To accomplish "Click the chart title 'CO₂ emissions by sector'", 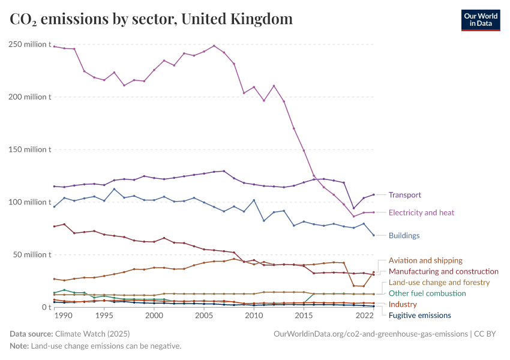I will click(x=151, y=19).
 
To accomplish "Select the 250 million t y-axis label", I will click(x=29, y=44).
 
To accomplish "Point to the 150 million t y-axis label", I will click(x=29, y=149).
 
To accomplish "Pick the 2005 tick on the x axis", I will click(x=204, y=316).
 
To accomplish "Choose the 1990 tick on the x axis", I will click(x=64, y=316).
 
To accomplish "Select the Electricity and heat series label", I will click(x=421, y=212).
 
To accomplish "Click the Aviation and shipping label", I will click(x=425, y=260).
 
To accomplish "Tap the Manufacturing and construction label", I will click(x=443, y=271).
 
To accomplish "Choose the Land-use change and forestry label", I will click(x=439, y=282).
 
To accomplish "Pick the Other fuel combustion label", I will click(x=427, y=293).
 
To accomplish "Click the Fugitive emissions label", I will click(x=420, y=316).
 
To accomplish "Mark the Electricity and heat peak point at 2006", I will click(x=214, y=46).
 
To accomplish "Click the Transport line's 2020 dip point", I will click(x=354, y=208).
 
